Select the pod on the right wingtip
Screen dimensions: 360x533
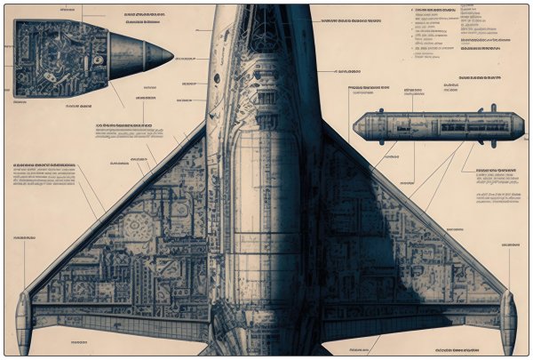pos(508,316)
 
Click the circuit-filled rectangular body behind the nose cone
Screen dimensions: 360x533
pos(62,58)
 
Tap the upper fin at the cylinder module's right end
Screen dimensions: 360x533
pos(493,109)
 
